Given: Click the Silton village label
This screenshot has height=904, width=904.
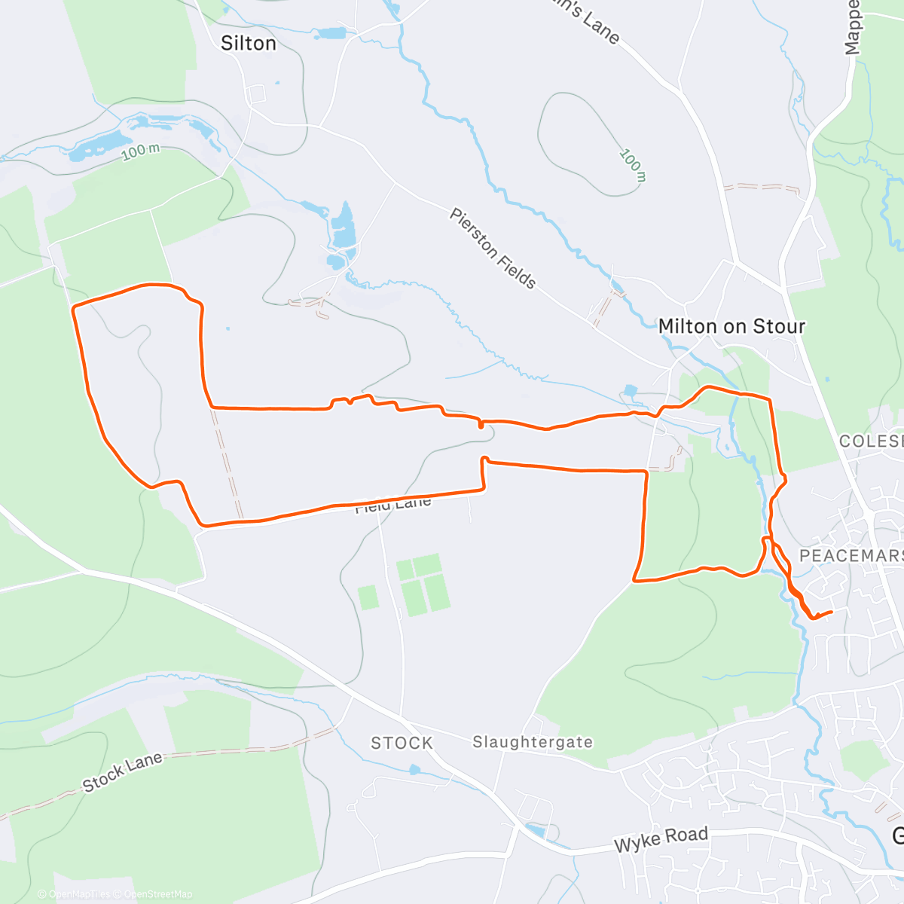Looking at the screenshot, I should [x=248, y=44].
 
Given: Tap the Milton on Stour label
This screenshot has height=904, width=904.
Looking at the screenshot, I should [x=731, y=326].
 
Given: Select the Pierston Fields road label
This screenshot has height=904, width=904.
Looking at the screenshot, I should [x=493, y=249].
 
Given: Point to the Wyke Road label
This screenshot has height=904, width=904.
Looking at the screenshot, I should [x=661, y=838].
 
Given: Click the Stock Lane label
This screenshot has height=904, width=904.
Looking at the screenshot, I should [x=122, y=772].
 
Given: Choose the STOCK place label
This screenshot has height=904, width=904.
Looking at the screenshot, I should [x=402, y=744].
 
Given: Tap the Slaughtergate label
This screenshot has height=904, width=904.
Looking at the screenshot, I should [x=533, y=743].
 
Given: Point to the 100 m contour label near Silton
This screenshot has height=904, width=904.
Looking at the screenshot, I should [x=141, y=151].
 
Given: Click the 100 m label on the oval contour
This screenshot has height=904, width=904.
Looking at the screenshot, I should [x=633, y=165].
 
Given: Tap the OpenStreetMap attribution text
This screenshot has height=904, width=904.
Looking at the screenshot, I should [x=157, y=894].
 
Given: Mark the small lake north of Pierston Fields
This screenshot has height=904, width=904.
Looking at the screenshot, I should [x=344, y=225].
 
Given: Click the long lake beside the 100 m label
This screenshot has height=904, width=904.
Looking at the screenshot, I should [x=98, y=144].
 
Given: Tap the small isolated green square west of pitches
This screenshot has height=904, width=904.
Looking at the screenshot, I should [x=368, y=597].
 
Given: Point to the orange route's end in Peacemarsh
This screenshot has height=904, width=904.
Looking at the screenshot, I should [x=831, y=612].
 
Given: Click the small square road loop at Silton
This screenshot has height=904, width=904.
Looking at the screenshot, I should [x=257, y=94].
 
